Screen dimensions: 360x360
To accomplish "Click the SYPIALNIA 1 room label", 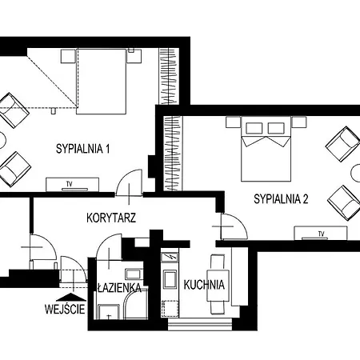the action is pos(82,149).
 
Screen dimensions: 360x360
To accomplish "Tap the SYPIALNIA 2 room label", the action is pos(281,199).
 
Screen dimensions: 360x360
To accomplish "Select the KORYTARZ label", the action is pos(111,218).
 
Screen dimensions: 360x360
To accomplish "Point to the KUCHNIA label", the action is pos(204,285).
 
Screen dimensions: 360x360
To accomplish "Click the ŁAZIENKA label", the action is pos(119,288).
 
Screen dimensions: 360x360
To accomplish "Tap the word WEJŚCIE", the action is pos(65,309).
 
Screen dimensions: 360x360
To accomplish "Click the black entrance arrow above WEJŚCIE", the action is pos(71,297).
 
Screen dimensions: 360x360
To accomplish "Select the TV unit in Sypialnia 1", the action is pos(73,185).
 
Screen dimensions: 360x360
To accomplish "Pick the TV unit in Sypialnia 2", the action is pos(321,233).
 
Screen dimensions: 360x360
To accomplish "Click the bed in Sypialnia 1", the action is pos(102,82).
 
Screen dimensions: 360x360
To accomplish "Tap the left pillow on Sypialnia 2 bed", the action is pos(254,128).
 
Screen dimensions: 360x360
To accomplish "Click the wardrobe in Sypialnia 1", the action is pos(169,76).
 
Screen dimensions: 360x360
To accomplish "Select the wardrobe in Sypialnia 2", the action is pos(173,154).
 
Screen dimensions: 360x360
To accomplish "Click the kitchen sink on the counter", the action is pos(170,279).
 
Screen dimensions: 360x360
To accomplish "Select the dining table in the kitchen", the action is pos(218,286).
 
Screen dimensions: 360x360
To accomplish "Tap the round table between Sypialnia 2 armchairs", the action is pos(356,173).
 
